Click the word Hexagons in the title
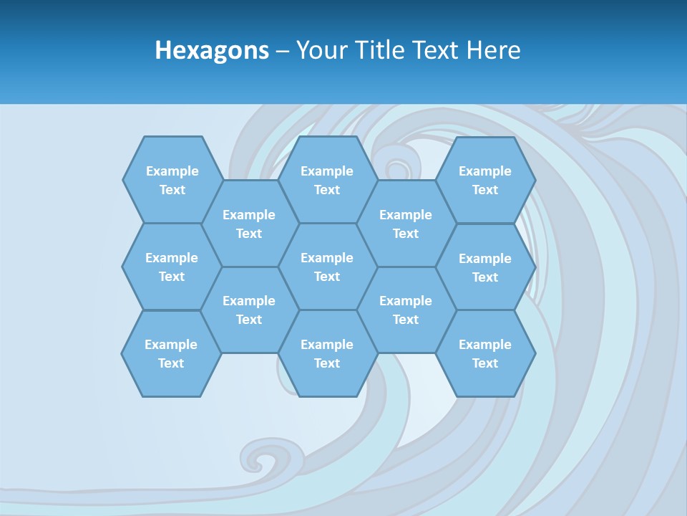[212, 50]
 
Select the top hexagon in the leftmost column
[172, 180]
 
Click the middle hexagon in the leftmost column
[172, 267]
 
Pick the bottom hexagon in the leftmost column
[171, 353]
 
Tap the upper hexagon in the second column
[249, 224]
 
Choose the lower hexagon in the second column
[249, 310]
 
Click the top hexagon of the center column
[327, 180]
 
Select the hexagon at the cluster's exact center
[327, 267]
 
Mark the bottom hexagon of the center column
[327, 353]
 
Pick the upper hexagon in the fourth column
[406, 224]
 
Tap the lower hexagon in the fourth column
[406, 310]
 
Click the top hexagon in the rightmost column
[485, 180]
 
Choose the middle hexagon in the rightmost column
[485, 267]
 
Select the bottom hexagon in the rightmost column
[485, 353]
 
